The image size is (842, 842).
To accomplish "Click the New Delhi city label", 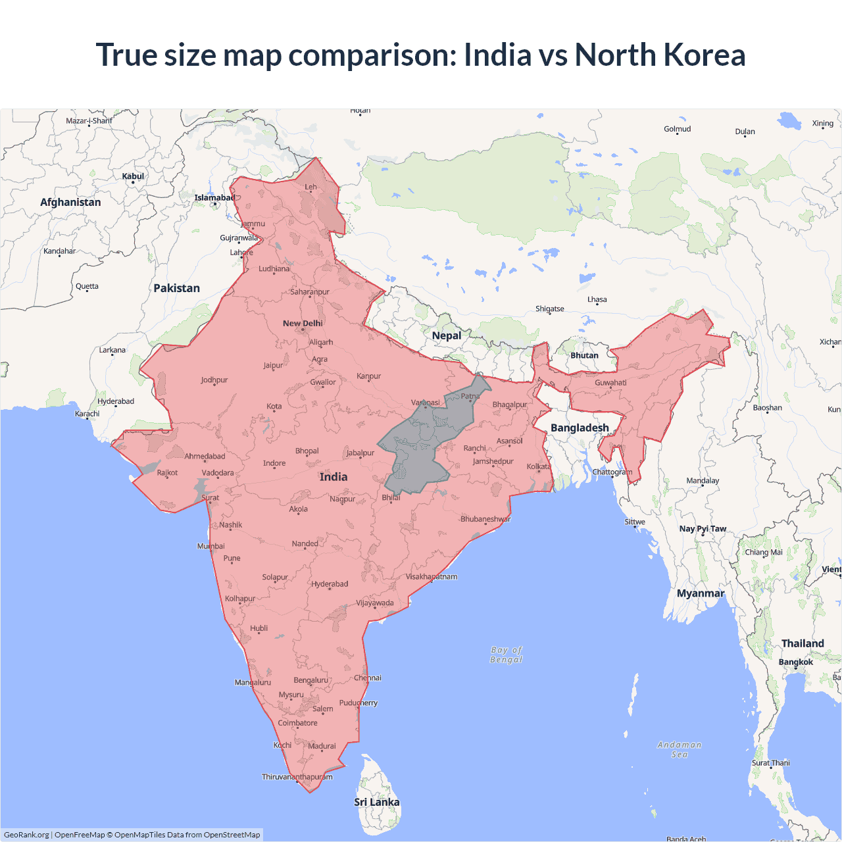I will coord(303,323).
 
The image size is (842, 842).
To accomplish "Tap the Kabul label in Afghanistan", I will coord(133,176).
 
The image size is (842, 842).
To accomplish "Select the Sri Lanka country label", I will coord(376,802).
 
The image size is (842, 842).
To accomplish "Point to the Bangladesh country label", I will coord(580,428).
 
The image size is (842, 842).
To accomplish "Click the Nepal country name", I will coord(447,335).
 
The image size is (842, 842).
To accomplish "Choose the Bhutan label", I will coord(584,355).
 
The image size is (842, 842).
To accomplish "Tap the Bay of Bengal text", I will coord(506,655).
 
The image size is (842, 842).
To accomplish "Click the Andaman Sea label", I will coord(680,749).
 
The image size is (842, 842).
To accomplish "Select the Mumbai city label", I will coord(211,546).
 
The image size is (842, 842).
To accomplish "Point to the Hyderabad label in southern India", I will coord(330,584).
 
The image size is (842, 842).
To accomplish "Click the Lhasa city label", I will coord(597,299).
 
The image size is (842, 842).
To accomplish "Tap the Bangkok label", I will coord(795,662).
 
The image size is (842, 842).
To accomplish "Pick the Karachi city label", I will coord(87,414).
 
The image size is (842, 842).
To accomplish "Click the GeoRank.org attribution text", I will coord(26,835).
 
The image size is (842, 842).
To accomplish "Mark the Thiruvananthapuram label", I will coord(297,777).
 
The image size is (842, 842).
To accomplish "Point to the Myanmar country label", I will coord(701,593).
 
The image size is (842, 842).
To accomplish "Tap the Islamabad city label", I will coord(214,197).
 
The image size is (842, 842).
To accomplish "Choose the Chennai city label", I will coord(368,678).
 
